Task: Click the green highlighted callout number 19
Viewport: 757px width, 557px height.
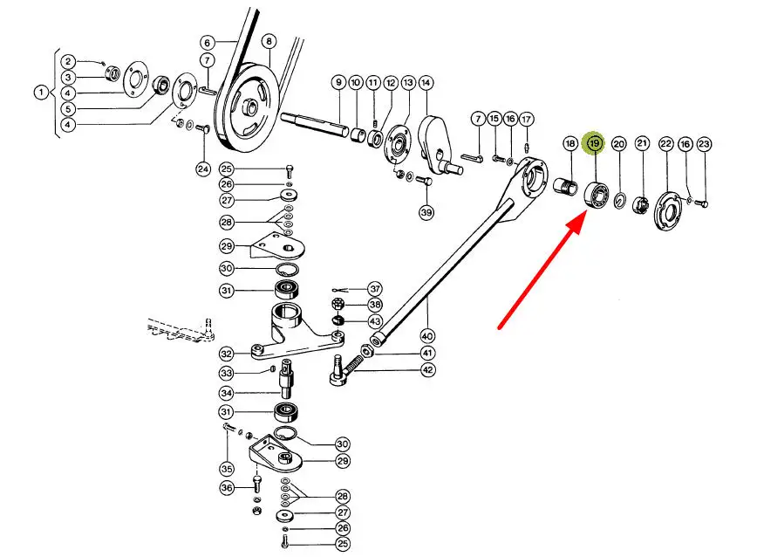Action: (x=594, y=142)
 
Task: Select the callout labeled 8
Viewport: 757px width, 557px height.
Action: (x=269, y=41)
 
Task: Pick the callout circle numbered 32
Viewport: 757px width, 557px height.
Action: (x=227, y=354)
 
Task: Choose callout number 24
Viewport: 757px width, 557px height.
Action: (x=202, y=168)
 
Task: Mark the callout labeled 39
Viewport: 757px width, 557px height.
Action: (x=426, y=212)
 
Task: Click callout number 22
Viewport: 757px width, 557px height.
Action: (x=665, y=143)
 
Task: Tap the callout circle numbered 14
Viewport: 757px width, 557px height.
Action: (x=426, y=83)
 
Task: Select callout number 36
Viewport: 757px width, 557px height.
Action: (x=227, y=488)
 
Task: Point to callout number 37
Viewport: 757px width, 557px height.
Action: (x=375, y=288)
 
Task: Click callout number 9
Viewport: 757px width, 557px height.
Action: (x=338, y=83)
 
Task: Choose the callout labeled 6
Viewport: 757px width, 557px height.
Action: (x=207, y=42)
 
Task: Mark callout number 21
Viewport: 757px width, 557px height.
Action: (x=642, y=143)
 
